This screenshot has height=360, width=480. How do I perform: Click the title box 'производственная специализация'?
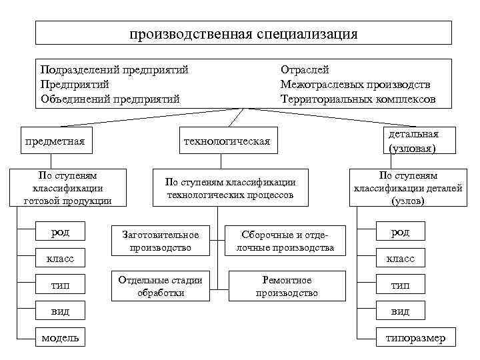243,33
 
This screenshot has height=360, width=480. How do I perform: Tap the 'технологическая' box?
227,141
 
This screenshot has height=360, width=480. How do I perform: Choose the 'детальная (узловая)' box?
413,141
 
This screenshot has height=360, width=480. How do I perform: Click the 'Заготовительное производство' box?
160,241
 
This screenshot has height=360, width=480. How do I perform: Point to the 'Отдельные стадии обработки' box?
160,286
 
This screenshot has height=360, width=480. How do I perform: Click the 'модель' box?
60,338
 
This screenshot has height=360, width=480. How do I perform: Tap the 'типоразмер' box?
415,338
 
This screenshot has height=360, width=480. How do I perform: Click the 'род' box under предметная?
60,232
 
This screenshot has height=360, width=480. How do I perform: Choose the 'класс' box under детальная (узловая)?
400,258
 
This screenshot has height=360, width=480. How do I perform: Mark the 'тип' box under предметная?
60,285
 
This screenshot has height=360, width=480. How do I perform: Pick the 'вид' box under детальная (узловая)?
400,311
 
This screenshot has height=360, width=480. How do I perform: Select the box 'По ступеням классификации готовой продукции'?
67,188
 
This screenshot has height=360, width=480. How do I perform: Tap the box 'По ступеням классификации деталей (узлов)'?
407,187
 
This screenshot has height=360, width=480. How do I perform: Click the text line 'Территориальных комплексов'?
358,99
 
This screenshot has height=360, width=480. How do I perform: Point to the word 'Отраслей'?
305,69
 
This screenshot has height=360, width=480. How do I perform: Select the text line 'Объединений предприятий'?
110,99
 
